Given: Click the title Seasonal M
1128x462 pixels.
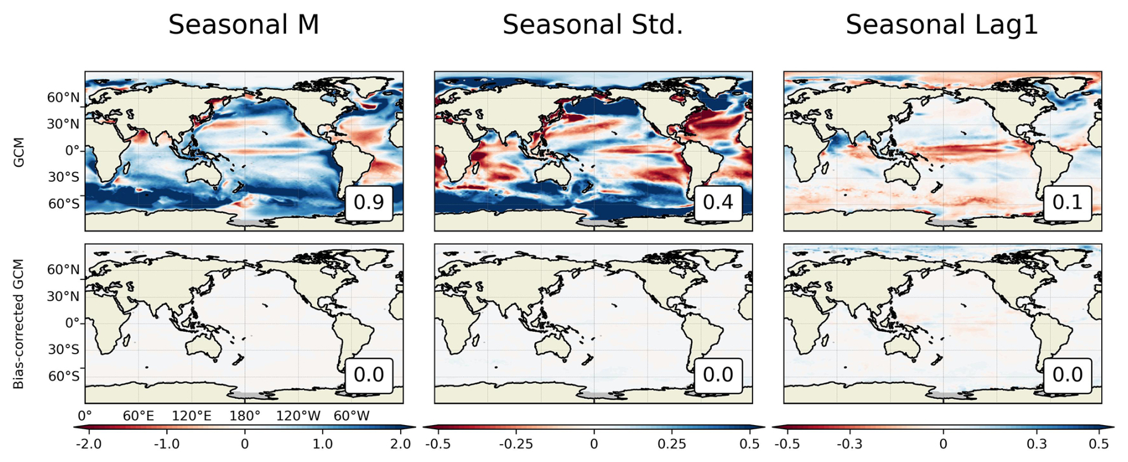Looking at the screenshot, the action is pos(243,25).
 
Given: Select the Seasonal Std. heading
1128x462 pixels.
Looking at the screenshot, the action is pos(593,25).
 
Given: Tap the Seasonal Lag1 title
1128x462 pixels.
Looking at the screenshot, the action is pos(941,25).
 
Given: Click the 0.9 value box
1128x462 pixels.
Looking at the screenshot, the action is pos(369,202).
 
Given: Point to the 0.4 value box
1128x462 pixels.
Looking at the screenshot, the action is pos(718,202).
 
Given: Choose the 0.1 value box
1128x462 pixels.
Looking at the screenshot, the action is pos(1067,202).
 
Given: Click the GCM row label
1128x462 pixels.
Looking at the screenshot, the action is pos(19,152).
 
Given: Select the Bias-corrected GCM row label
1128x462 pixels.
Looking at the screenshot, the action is pos(19,324).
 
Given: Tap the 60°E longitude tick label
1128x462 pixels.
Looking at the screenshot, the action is pos(138,416).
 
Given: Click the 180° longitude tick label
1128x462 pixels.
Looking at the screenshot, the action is pos(244,416).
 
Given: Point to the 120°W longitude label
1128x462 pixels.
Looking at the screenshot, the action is pos(298,416).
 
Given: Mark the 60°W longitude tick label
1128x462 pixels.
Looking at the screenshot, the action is pos(352,416).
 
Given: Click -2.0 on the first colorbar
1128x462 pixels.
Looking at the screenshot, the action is pos(89,444).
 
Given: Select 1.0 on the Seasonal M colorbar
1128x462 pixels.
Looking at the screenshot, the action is pos(323,444).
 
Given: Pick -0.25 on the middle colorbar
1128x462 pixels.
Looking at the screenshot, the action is pos(516,444).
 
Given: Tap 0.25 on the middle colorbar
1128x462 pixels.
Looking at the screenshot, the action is pos(672,444).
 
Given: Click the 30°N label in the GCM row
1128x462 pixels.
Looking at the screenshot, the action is pos(63,124).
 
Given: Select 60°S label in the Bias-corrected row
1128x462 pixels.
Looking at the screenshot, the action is pos(63,376).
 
